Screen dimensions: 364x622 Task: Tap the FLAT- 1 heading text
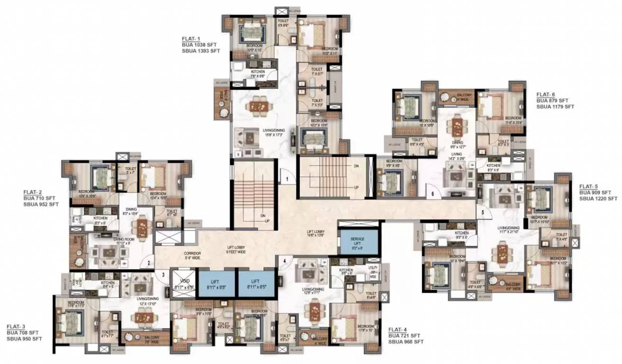pos(191,38)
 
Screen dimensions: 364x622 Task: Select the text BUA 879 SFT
pos(552,100)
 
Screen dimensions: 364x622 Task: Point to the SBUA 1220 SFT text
pos(598,199)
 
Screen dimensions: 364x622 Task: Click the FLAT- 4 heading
pos(398,329)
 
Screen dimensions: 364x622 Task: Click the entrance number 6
pos(432,193)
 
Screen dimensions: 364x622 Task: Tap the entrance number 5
pos(483,212)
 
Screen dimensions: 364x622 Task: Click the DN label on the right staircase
pos(356,166)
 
